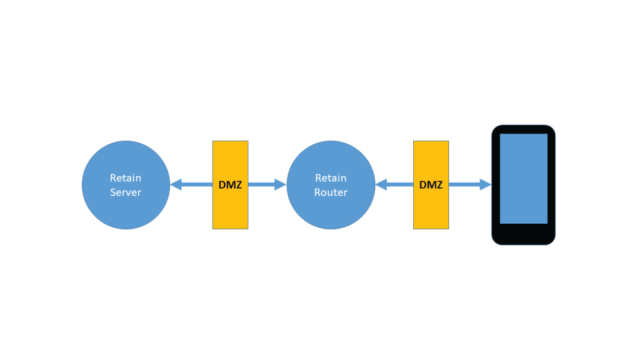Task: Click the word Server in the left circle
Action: tap(126, 193)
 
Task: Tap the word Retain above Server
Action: tap(126, 178)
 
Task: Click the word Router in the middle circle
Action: tap(331, 193)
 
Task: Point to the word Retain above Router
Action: tap(331, 178)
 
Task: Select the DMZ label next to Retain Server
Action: tap(230, 185)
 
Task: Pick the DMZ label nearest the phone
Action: tap(431, 185)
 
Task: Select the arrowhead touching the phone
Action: tap(486, 185)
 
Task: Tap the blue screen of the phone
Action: tap(523, 178)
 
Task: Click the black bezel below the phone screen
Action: tap(523, 234)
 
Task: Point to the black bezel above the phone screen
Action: tap(523, 129)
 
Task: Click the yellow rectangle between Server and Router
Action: tap(230, 159)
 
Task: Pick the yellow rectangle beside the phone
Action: tap(431, 159)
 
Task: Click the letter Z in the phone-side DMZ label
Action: tap(439, 185)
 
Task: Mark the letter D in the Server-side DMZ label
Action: tap(222, 185)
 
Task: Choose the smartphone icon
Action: tap(523, 185)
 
